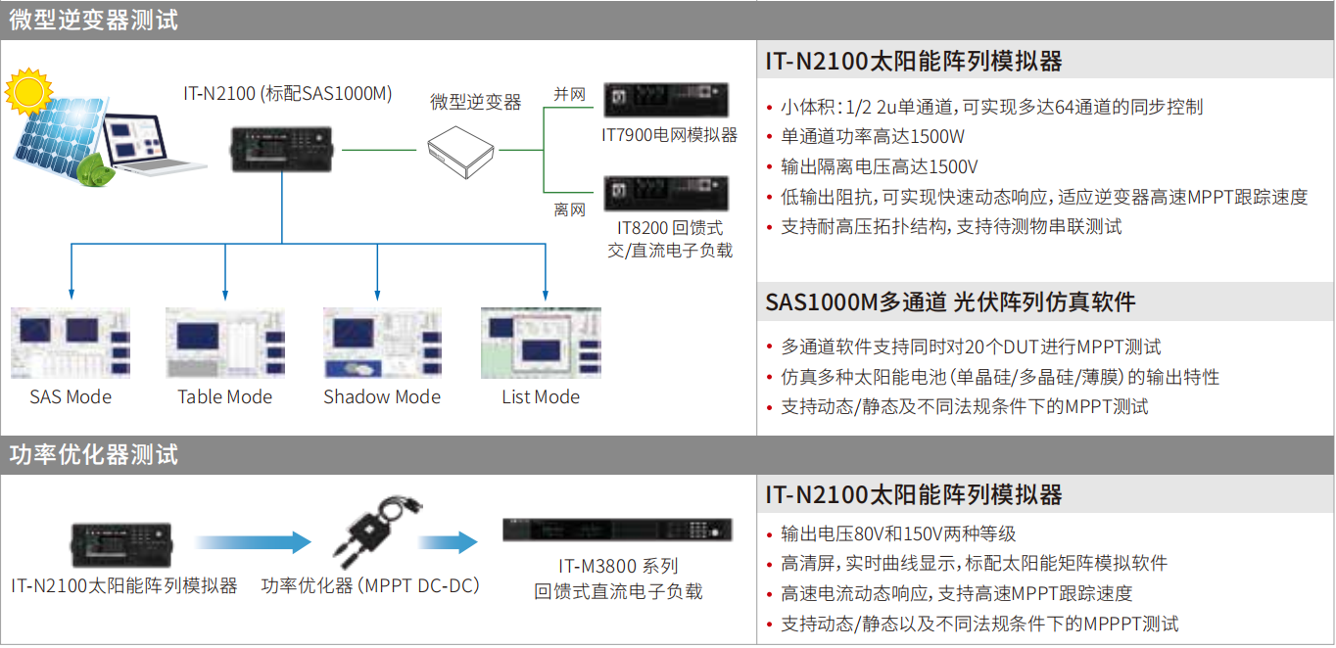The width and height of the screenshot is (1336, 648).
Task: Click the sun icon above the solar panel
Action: [x=28, y=92]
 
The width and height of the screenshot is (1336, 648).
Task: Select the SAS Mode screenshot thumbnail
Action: [x=71, y=343]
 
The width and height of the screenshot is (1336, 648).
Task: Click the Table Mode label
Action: [x=225, y=397]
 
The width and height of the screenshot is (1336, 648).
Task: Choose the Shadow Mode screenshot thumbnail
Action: [x=382, y=343]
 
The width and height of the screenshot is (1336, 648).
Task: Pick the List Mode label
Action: [x=541, y=397]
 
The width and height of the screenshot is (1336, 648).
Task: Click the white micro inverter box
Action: [x=460, y=152]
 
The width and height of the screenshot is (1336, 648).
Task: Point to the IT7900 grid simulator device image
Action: [x=666, y=100]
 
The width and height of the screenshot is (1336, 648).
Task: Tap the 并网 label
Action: [x=570, y=94]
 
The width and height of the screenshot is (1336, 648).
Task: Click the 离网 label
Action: [x=570, y=209]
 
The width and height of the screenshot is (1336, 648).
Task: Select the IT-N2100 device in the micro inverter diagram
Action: [x=281, y=149]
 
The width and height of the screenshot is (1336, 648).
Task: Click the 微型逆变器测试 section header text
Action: [x=94, y=21]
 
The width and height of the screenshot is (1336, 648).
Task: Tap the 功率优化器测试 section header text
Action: [x=94, y=455]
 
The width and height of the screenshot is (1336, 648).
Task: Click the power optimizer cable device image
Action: [x=376, y=531]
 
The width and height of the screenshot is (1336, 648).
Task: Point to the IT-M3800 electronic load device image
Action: [x=617, y=530]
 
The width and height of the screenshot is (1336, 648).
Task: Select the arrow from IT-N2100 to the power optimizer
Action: [x=253, y=542]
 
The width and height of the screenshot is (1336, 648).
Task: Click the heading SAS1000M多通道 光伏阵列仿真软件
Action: [x=951, y=302]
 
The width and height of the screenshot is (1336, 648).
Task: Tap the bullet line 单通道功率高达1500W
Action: [x=873, y=136]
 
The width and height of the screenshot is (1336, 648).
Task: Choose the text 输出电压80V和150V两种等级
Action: [x=898, y=533]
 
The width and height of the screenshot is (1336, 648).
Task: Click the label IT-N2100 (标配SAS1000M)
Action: [x=288, y=94]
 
